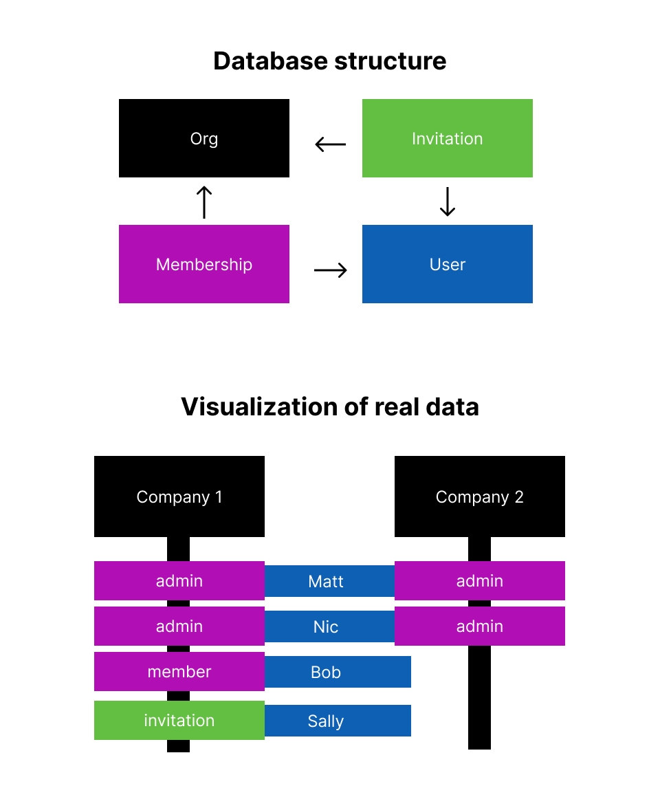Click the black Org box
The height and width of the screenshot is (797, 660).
[x=204, y=138]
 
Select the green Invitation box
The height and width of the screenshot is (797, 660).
[x=447, y=138]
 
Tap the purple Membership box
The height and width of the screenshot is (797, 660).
[x=204, y=264]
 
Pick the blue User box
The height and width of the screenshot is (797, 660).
[x=447, y=264]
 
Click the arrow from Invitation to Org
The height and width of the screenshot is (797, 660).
[x=330, y=144]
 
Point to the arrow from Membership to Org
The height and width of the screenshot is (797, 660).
[x=204, y=201]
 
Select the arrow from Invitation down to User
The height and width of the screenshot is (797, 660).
[x=448, y=201]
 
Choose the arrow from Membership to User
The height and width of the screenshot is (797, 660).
[x=330, y=270]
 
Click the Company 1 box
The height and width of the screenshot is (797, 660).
[x=179, y=496]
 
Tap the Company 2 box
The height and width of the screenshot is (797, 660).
[x=479, y=496]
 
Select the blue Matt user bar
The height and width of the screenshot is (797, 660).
[x=326, y=581]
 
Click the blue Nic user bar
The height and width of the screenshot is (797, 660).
[x=326, y=626]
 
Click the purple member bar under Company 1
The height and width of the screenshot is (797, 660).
[x=179, y=672]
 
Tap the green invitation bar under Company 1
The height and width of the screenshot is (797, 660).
[x=179, y=720]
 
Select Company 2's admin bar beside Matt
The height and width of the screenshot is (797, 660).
[x=479, y=580]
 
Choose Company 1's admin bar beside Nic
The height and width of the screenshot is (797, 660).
[x=179, y=626]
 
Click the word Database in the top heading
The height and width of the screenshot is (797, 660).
[x=270, y=61]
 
